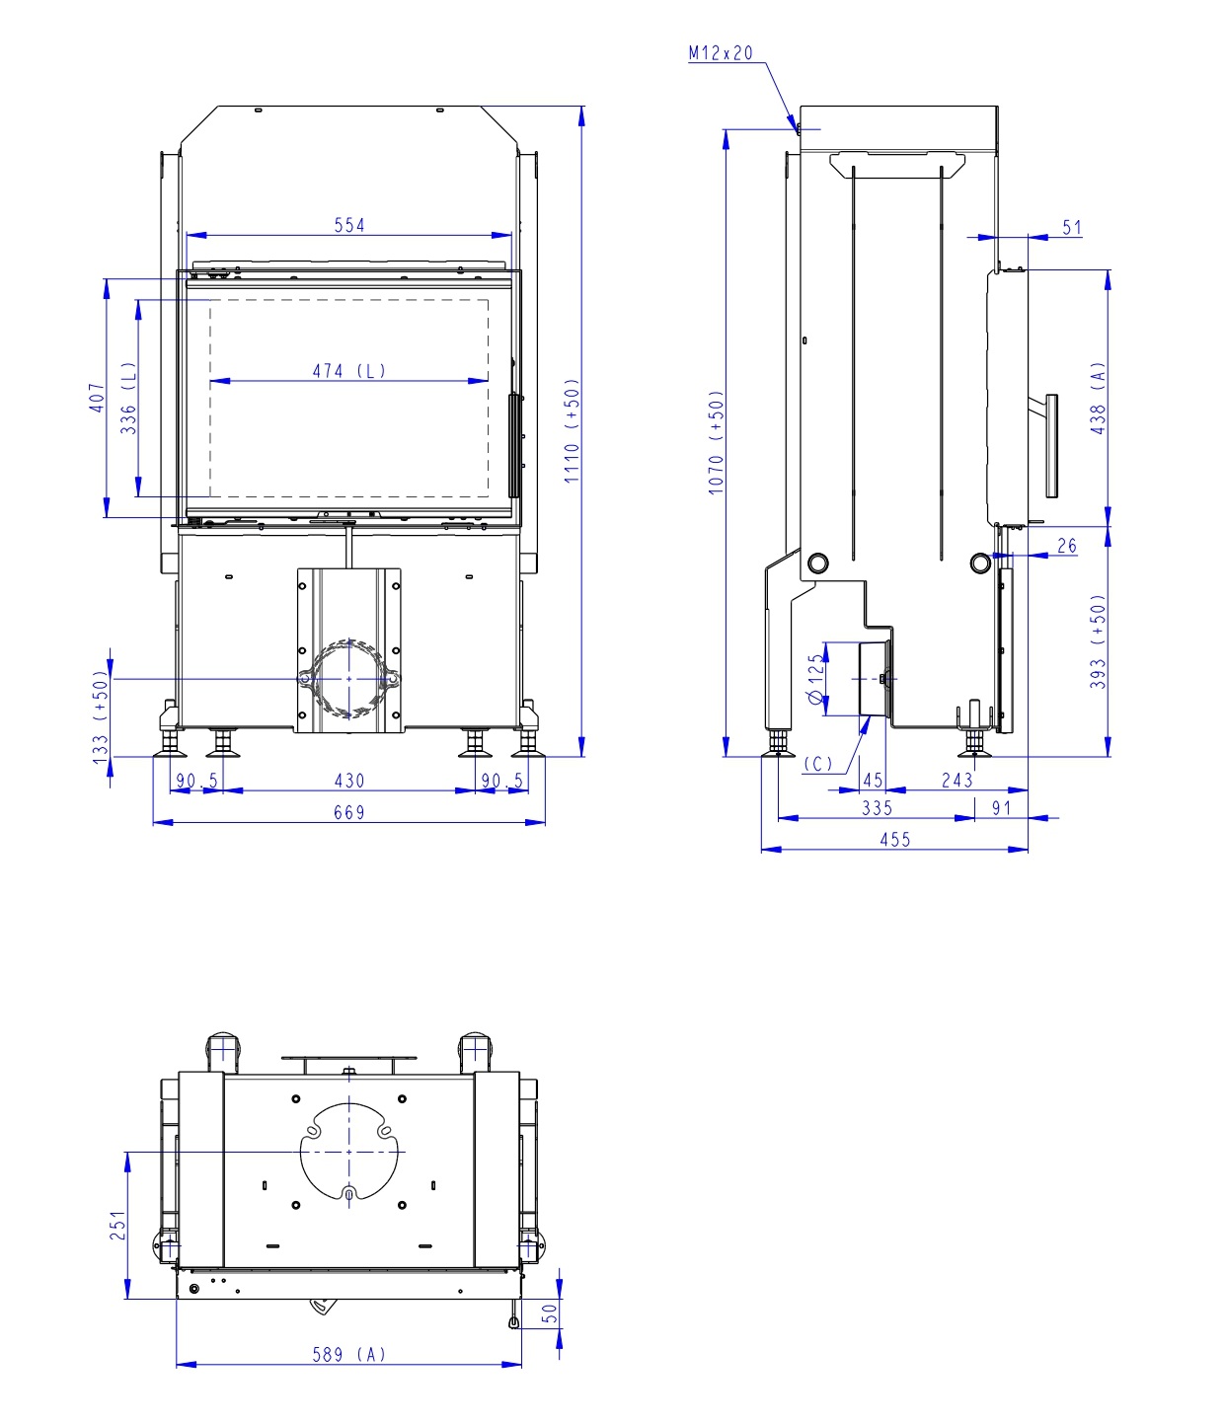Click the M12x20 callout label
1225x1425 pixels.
tap(720, 53)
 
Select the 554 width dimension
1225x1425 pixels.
tap(349, 225)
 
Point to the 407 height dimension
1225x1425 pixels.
tap(97, 398)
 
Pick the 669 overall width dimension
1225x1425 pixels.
tap(349, 812)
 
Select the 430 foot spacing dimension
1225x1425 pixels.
tap(349, 781)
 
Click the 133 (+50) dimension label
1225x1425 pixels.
tap(100, 715)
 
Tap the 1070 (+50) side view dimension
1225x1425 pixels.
tap(717, 442)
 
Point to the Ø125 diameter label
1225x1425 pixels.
tap(815, 679)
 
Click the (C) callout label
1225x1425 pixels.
tap(818, 764)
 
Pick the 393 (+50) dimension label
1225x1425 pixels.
tap(1099, 641)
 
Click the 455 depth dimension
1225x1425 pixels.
tap(894, 840)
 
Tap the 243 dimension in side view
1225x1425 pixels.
tap(957, 781)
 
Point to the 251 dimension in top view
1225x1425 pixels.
tap(118, 1226)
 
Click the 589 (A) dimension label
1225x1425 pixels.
tap(349, 1355)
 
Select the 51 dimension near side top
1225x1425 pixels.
tap(1072, 228)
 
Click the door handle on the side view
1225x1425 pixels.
tap(1050, 444)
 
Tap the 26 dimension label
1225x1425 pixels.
tap(1067, 546)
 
